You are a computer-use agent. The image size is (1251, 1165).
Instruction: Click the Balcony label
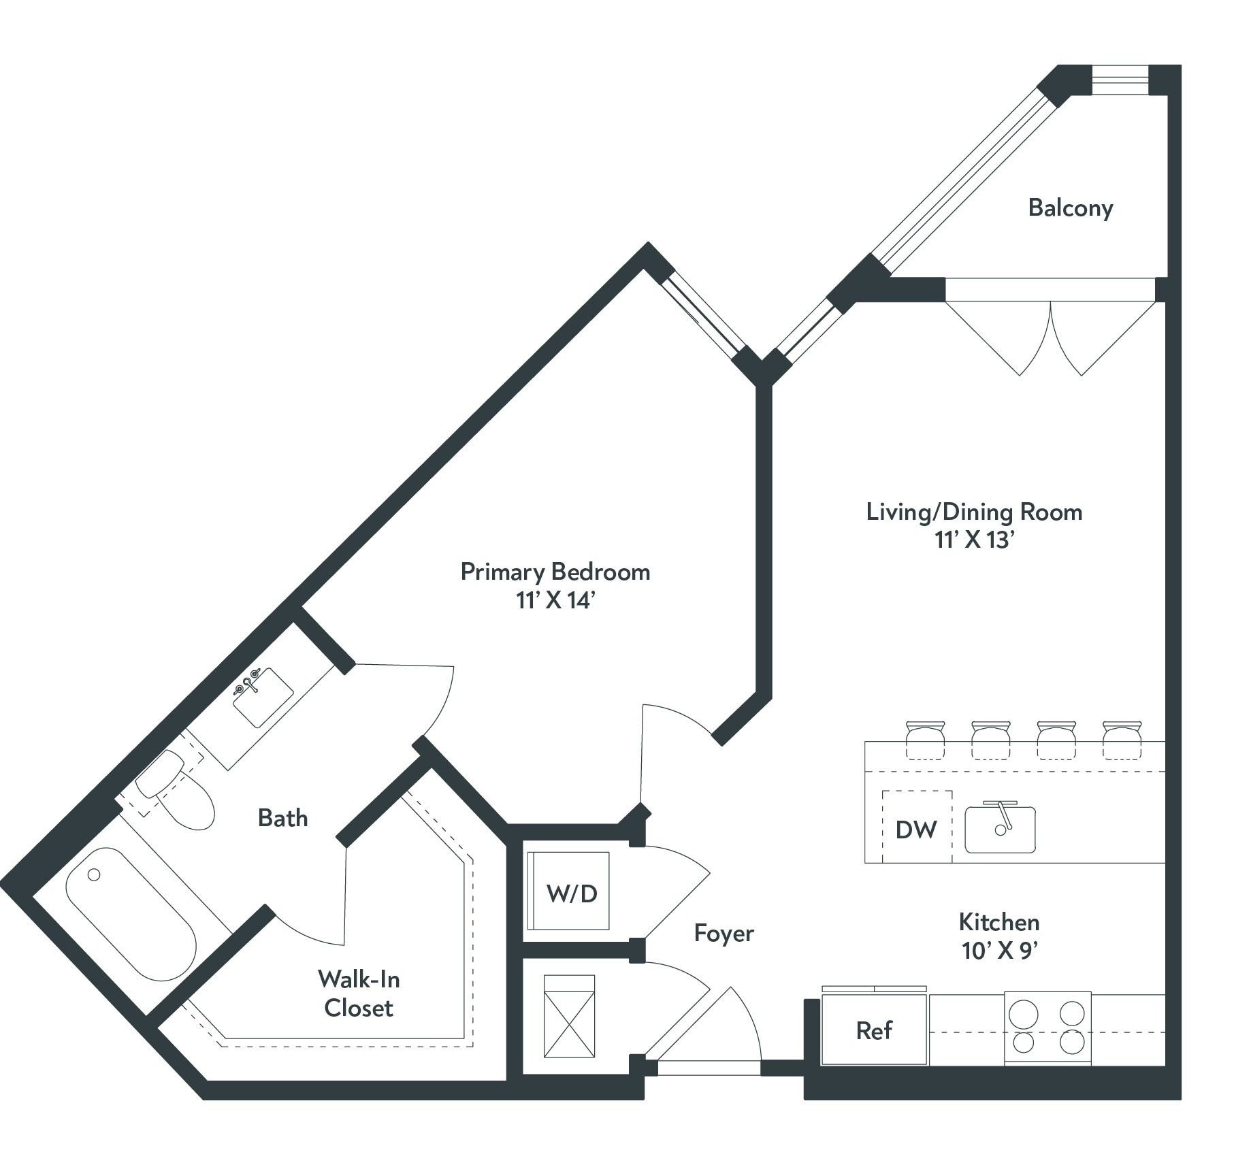click(1070, 208)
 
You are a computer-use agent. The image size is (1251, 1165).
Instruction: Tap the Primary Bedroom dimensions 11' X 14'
click(555, 601)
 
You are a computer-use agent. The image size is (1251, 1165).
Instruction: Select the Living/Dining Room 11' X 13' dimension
click(975, 540)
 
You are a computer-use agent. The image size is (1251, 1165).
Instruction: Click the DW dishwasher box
click(916, 828)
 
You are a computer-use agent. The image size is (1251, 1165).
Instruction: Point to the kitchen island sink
click(1000, 828)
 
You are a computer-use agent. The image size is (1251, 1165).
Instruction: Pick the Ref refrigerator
click(874, 1030)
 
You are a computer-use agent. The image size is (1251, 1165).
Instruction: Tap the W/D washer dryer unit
click(571, 892)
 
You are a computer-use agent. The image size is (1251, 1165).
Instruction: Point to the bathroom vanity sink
click(263, 698)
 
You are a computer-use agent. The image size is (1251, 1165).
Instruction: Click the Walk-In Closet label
click(359, 993)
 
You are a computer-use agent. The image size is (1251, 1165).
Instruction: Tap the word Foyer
click(724, 933)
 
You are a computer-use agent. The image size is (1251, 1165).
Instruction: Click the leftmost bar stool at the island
click(925, 740)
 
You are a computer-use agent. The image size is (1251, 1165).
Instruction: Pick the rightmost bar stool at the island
click(1122, 740)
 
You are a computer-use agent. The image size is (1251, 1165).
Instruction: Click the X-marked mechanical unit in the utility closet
click(570, 1016)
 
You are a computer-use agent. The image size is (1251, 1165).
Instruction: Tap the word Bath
click(282, 817)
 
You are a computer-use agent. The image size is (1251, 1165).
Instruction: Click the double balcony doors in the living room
click(1050, 333)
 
